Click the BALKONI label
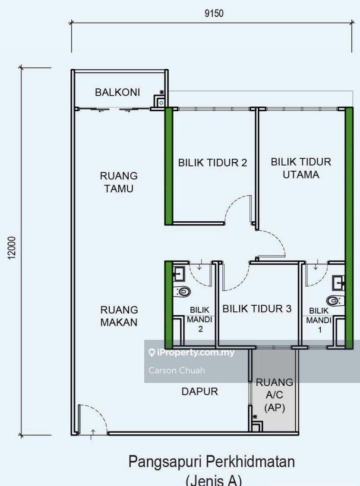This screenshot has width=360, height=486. (x=117, y=92)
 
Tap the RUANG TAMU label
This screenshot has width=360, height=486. (x=119, y=182)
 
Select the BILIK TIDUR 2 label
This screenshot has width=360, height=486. (x=212, y=163)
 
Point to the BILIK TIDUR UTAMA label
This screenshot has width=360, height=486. (x=301, y=168)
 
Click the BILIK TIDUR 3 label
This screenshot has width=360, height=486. (x=257, y=309)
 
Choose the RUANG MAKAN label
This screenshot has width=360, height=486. (x=119, y=316)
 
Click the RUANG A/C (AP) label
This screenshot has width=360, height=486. (x=275, y=395)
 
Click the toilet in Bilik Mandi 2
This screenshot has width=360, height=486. (x=183, y=292)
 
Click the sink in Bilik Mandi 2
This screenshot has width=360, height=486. (x=179, y=273)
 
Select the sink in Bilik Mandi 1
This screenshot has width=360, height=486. (x=338, y=283)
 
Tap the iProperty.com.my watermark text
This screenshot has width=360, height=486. (x=195, y=353)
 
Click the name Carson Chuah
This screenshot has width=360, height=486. (x=177, y=370)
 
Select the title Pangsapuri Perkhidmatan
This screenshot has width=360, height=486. (x=212, y=462)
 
